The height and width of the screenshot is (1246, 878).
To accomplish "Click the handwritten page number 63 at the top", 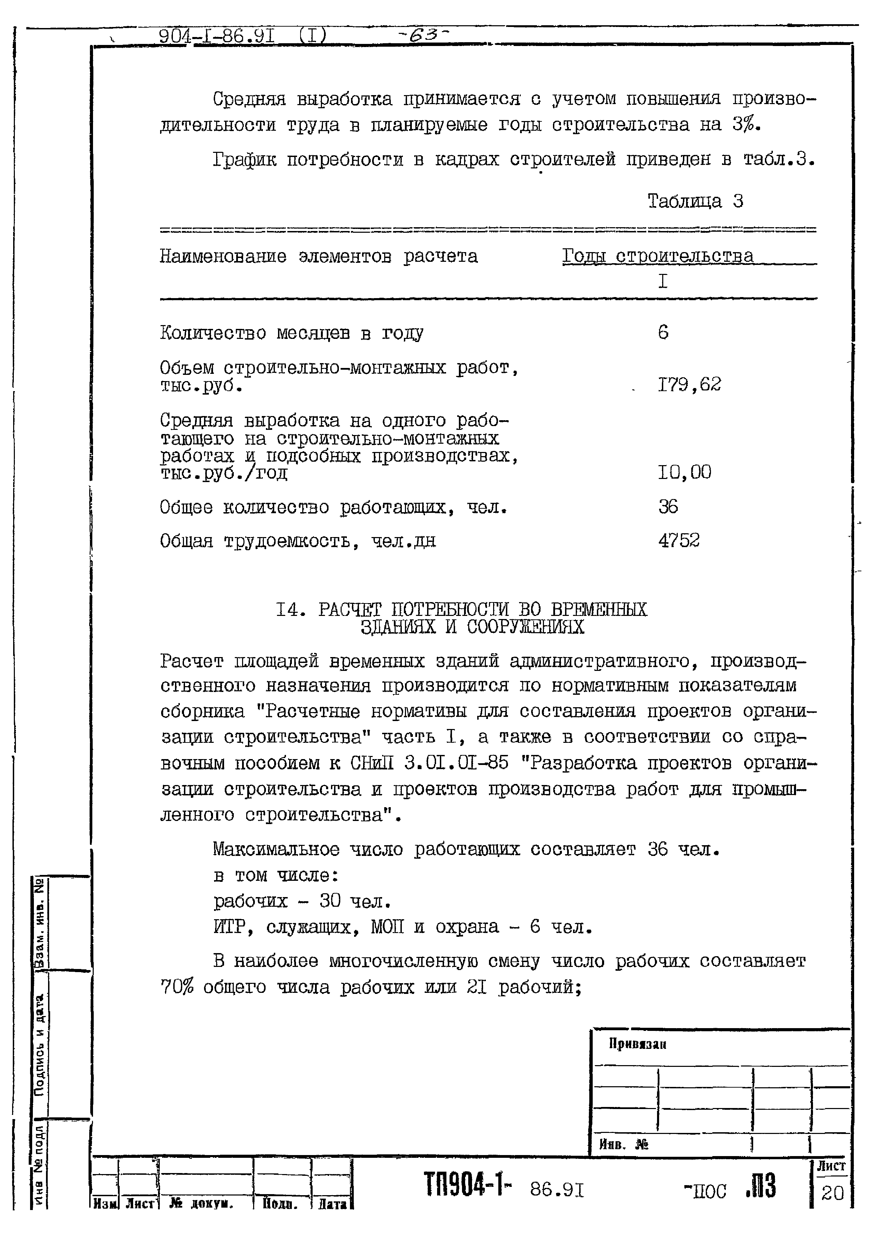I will point(424,35).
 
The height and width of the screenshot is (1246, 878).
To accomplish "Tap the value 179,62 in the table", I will point(689,385).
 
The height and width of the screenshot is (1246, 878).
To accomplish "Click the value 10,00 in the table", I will point(684,472).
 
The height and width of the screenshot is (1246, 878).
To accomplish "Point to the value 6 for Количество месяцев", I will point(663,332).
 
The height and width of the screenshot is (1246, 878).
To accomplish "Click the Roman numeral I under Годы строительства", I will point(663,281).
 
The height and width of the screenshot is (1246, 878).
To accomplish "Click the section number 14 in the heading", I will point(288,610).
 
